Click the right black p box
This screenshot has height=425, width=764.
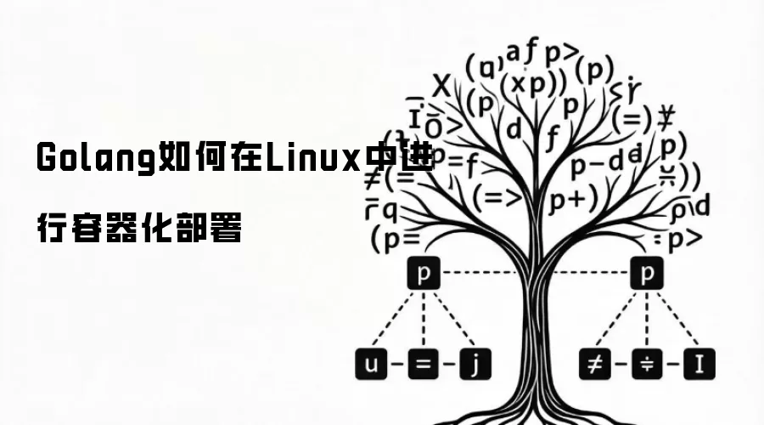point(648,274)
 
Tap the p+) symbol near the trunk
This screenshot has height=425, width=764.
point(573,201)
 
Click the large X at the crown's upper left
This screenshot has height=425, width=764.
point(441,86)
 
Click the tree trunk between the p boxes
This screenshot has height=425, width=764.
point(536,289)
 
